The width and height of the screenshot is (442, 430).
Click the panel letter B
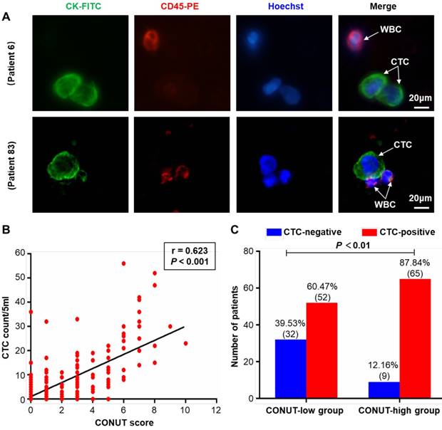coord(6,230)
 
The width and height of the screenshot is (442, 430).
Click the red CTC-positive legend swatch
coord(368,232)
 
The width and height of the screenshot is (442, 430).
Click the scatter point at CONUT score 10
coord(186,343)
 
